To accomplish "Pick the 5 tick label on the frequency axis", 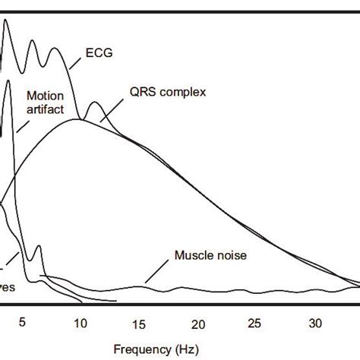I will (x=23, y=322).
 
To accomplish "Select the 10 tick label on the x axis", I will (x=81, y=322).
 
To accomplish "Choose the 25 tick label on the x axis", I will (x=256, y=322).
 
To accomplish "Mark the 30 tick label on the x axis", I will (x=314, y=322).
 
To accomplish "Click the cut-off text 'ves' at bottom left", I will (x=8, y=288).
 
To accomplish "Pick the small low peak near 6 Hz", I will (x=38, y=247).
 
